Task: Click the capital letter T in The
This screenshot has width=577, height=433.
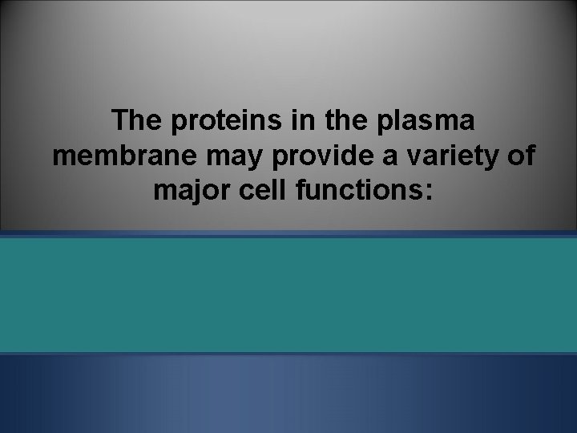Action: click(x=122, y=121)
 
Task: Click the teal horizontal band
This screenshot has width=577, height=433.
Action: click(x=288, y=294)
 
